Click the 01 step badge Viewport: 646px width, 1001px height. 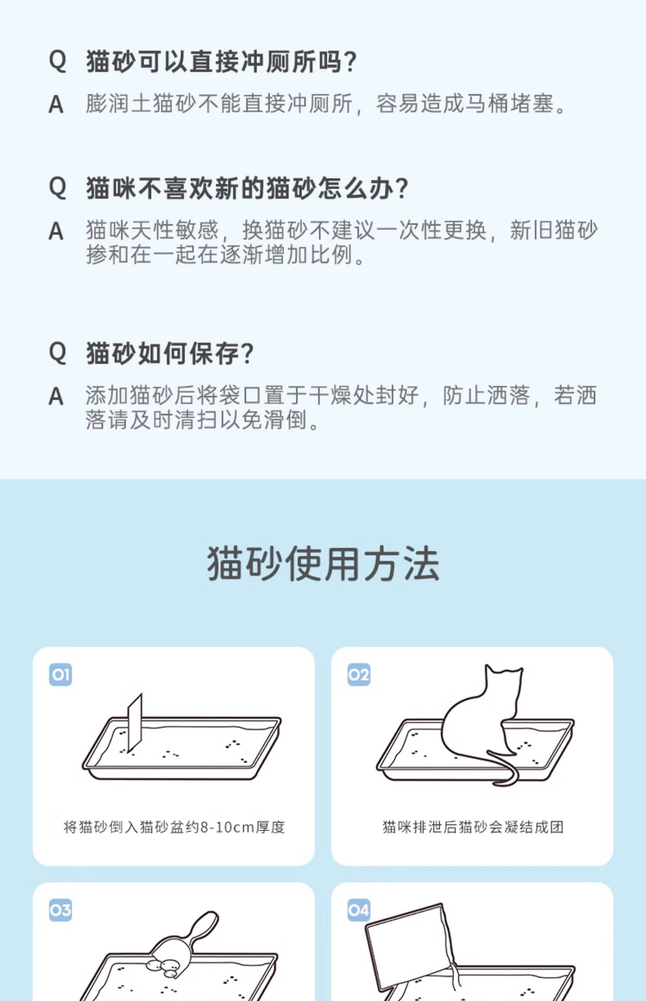[x=60, y=674]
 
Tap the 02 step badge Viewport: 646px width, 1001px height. [x=359, y=674]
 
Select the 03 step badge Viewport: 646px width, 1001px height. [x=60, y=910]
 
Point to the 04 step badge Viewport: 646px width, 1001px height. [x=359, y=910]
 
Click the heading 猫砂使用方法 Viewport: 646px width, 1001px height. [x=323, y=564]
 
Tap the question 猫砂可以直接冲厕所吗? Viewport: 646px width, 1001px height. [x=221, y=61]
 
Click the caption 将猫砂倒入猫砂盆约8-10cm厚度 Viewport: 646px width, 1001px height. [x=174, y=827]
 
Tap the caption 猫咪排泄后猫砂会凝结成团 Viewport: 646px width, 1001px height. [x=473, y=827]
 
